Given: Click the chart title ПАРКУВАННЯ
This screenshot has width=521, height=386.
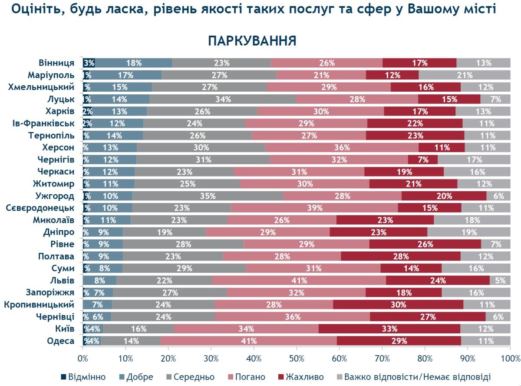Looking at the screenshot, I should click(252, 41).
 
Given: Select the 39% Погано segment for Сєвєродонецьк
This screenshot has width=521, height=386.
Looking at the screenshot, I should click(314, 208).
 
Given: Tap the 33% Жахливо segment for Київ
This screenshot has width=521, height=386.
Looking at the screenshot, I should click(389, 329).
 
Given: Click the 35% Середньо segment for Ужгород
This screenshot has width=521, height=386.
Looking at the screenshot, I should click(208, 196).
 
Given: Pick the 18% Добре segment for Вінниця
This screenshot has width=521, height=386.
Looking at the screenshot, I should click(134, 63).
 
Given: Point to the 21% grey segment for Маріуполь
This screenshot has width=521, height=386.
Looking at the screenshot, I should click(464, 75).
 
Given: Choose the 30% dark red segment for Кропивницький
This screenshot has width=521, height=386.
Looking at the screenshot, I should click(398, 304).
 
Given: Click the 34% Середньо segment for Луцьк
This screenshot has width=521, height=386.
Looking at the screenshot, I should click(223, 99).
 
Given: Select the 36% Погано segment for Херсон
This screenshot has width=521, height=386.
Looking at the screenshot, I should click(342, 147).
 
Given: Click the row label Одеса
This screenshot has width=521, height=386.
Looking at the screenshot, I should click(60, 341).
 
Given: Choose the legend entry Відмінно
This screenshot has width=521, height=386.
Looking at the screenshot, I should click(83, 376).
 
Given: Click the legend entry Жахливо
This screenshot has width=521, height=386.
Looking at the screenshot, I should click(302, 376).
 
